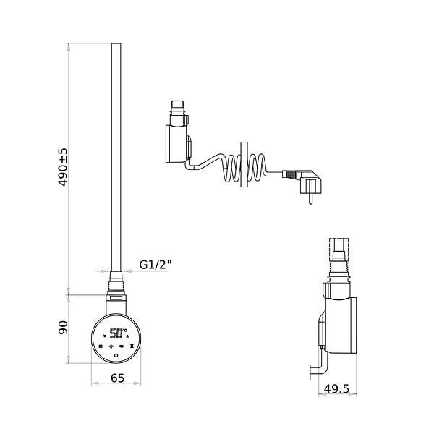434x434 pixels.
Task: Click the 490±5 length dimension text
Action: [x=63, y=167]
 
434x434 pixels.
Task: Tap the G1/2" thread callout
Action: [x=156, y=265]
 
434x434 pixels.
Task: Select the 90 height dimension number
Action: [x=63, y=328]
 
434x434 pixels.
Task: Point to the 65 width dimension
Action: [x=118, y=378]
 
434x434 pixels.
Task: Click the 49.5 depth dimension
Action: [x=336, y=389]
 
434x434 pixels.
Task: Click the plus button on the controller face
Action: [x=111, y=346]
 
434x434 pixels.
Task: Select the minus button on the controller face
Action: [x=122, y=346]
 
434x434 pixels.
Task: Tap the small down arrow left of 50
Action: [x=105, y=336]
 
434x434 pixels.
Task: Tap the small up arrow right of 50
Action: [x=127, y=336]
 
